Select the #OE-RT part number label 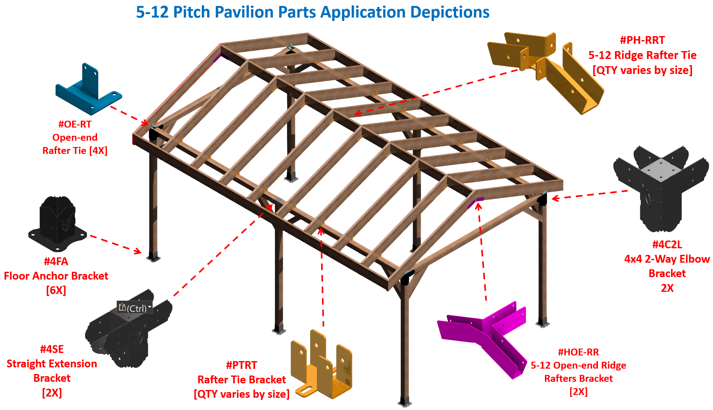[75, 124]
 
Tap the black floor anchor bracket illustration [57, 224]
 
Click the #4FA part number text [56, 261]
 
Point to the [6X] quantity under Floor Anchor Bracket [56, 290]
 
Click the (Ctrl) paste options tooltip [135, 308]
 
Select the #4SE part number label [52, 349]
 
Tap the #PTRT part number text [241, 365]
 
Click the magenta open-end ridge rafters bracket [483, 339]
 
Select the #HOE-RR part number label [578, 352]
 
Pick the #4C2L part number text [667, 244]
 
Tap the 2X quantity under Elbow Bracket [667, 288]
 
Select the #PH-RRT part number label [642, 40]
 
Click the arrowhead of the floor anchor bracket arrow [138, 251]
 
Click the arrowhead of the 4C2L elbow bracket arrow [554, 198]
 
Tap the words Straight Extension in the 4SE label [52, 364]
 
